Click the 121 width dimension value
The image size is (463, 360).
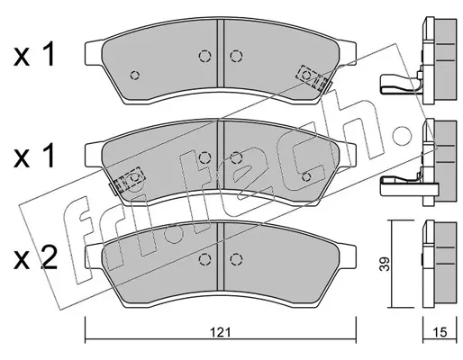(x=221, y=332)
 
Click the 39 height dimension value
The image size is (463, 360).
(x=386, y=264)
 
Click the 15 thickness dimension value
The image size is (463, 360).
(x=440, y=332)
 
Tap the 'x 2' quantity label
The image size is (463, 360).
(x=35, y=259)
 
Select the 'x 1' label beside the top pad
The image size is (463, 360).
(x=34, y=55)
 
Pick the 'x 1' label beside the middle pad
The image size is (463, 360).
(x=34, y=157)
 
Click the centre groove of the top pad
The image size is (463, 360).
(x=221, y=53)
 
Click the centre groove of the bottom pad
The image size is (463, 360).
(x=221, y=256)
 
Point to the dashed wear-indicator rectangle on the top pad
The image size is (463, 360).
(x=312, y=77)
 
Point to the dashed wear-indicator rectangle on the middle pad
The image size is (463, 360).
(x=129, y=180)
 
